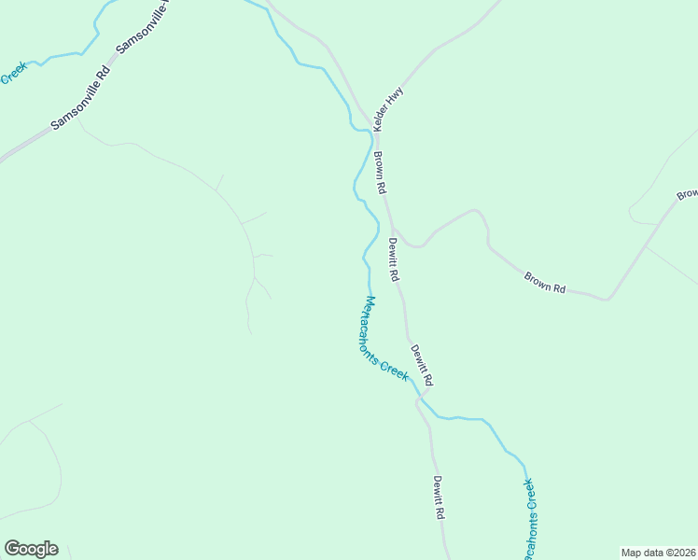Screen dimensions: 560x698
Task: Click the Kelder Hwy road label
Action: coord(387,109)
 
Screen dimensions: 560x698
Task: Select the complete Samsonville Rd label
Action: coord(81,97)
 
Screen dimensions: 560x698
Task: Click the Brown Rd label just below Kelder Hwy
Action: coord(381,173)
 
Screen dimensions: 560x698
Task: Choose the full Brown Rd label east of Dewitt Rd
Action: coord(545,283)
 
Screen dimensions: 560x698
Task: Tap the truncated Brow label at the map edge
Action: coord(688,193)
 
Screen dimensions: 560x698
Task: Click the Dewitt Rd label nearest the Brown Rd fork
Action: coord(395,260)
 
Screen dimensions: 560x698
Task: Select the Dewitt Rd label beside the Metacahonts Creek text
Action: coord(422,365)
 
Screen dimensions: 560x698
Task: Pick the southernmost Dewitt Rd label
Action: coord(439,497)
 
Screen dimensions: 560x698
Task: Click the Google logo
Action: coord(31,548)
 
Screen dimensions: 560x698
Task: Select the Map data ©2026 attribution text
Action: coord(658,553)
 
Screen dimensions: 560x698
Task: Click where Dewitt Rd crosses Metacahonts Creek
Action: coord(420,399)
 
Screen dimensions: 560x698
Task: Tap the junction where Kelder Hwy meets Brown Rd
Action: coord(370,131)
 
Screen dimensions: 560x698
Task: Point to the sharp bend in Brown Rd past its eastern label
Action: coord(608,299)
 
